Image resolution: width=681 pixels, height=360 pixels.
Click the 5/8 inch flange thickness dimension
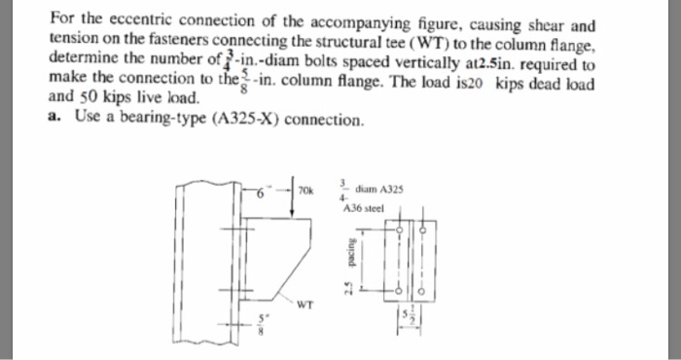[x=260, y=326]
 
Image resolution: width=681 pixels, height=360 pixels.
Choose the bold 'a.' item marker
[x=54, y=121]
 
